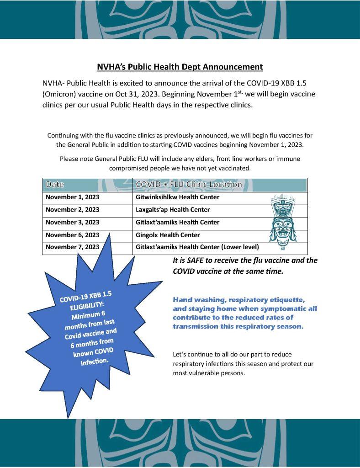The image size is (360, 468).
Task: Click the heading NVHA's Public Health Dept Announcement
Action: pyautogui.click(x=180, y=67)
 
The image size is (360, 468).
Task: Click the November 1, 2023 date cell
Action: pyautogui.click(x=72, y=197)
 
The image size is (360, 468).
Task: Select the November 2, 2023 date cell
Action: pyautogui.click(x=72, y=210)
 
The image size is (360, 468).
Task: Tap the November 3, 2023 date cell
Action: pyautogui.click(x=72, y=222)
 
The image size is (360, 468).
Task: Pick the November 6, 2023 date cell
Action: pyautogui.click(x=72, y=235)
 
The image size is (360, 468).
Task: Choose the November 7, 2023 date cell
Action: pyautogui.click(x=72, y=247)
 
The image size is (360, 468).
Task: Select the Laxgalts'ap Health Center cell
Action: pyautogui.click(x=173, y=210)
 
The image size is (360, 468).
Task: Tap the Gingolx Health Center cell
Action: pyautogui.click(x=168, y=235)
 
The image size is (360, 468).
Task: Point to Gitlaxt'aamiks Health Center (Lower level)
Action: pyautogui.click(x=197, y=247)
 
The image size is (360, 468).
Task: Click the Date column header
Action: pyautogui.click(x=54, y=185)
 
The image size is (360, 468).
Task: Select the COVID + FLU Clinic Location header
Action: pyautogui.click(x=189, y=185)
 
